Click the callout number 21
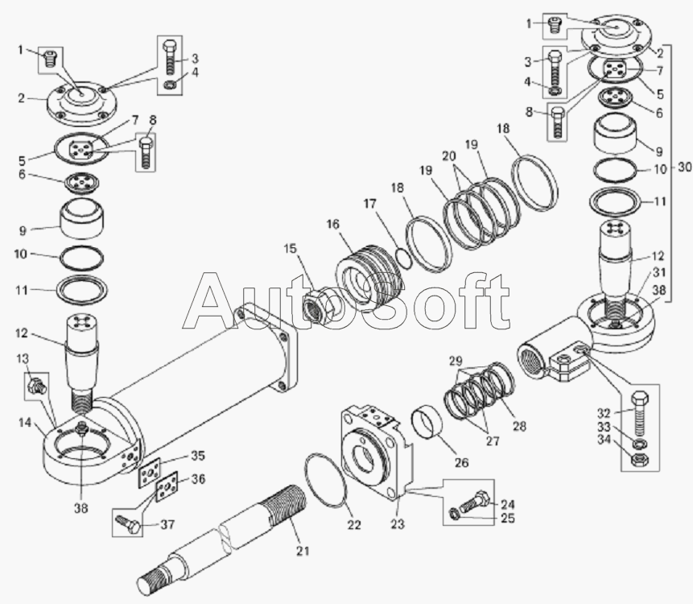(x=303, y=551)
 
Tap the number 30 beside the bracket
(x=684, y=168)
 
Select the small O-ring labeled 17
(x=404, y=258)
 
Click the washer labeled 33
(x=639, y=444)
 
